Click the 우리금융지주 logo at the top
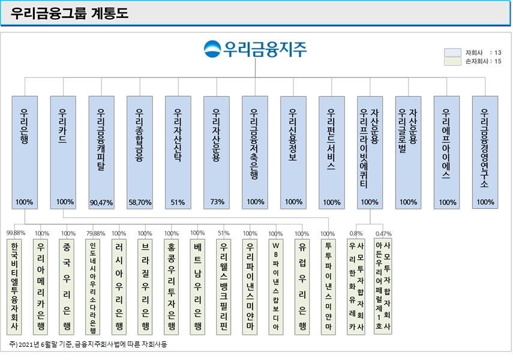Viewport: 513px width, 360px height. (x=255, y=48)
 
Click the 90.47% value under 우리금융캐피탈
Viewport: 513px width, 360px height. (x=101, y=203)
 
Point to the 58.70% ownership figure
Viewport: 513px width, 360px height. (x=140, y=203)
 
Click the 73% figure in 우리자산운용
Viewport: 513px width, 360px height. (x=217, y=202)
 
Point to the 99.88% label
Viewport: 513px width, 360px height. (x=16, y=233)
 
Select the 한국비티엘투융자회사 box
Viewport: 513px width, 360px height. (x=14, y=286)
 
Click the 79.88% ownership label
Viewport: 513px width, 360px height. (x=95, y=233)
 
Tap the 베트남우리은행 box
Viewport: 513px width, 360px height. (x=197, y=286)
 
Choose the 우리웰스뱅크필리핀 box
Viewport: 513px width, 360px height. (x=223, y=286)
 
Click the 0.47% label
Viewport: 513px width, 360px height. (x=383, y=233)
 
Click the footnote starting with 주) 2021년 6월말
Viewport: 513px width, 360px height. (x=88, y=344)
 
